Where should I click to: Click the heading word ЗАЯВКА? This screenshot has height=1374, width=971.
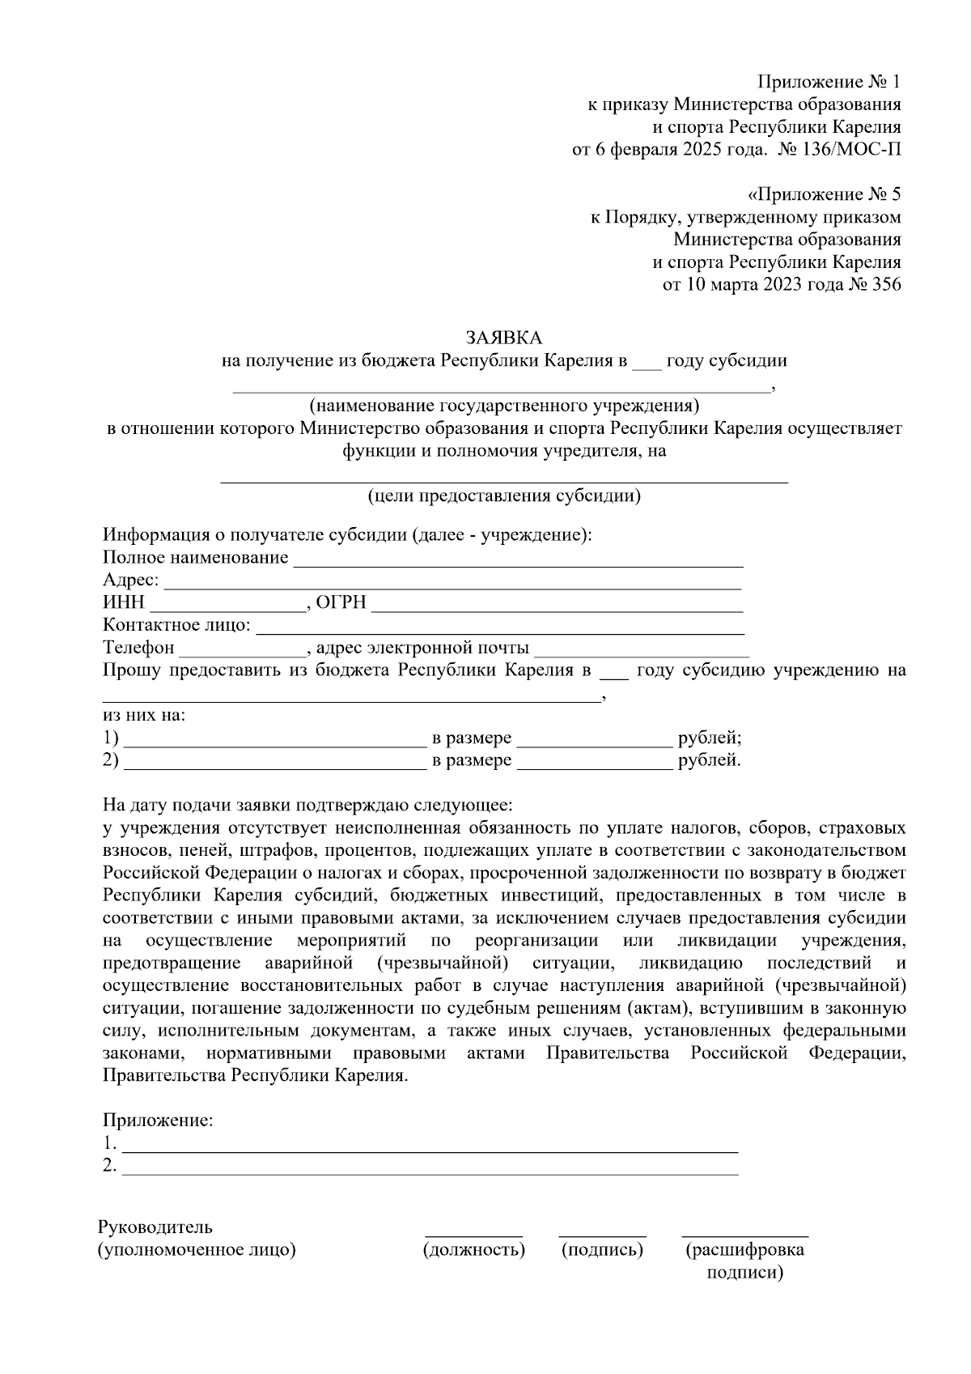coord(503,337)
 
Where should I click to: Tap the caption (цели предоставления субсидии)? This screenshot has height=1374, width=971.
coord(504,496)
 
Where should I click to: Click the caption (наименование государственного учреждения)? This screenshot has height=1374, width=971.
coord(504,406)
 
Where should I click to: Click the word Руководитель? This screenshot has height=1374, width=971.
coord(155,1227)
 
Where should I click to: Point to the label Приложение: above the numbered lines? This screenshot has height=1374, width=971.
coord(158,1121)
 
